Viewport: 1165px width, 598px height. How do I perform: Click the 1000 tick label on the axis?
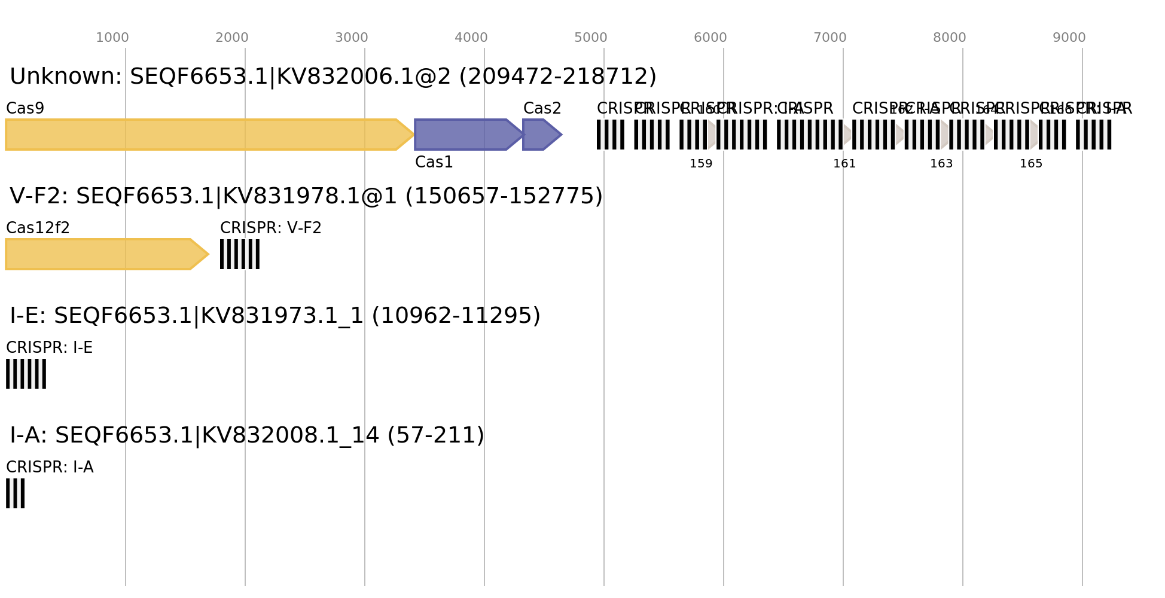[112, 38]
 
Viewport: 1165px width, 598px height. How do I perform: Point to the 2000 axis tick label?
[232, 38]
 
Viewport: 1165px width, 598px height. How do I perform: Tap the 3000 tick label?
[352, 38]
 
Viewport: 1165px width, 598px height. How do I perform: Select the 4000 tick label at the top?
[471, 38]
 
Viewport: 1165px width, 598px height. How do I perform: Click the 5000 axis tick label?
[591, 38]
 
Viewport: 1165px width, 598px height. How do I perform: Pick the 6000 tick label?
[710, 38]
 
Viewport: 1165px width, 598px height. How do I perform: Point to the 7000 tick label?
[830, 38]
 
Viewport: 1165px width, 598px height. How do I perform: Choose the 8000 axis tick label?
[950, 38]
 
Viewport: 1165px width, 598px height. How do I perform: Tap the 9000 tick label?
[1069, 38]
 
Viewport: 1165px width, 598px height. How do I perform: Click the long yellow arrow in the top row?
[203, 135]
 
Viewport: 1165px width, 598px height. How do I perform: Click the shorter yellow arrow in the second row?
[102, 254]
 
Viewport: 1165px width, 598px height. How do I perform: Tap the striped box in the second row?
[240, 254]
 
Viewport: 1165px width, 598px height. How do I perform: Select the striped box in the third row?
[26, 374]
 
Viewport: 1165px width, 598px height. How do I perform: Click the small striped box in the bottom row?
[15, 493]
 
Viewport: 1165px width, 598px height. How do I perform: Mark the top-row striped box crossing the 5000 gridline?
[611, 135]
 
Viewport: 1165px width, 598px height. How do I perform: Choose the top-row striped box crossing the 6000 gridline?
[742, 135]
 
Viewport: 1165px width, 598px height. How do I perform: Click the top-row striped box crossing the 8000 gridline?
[966, 135]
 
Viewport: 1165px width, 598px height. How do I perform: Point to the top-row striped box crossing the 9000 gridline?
[1094, 135]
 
